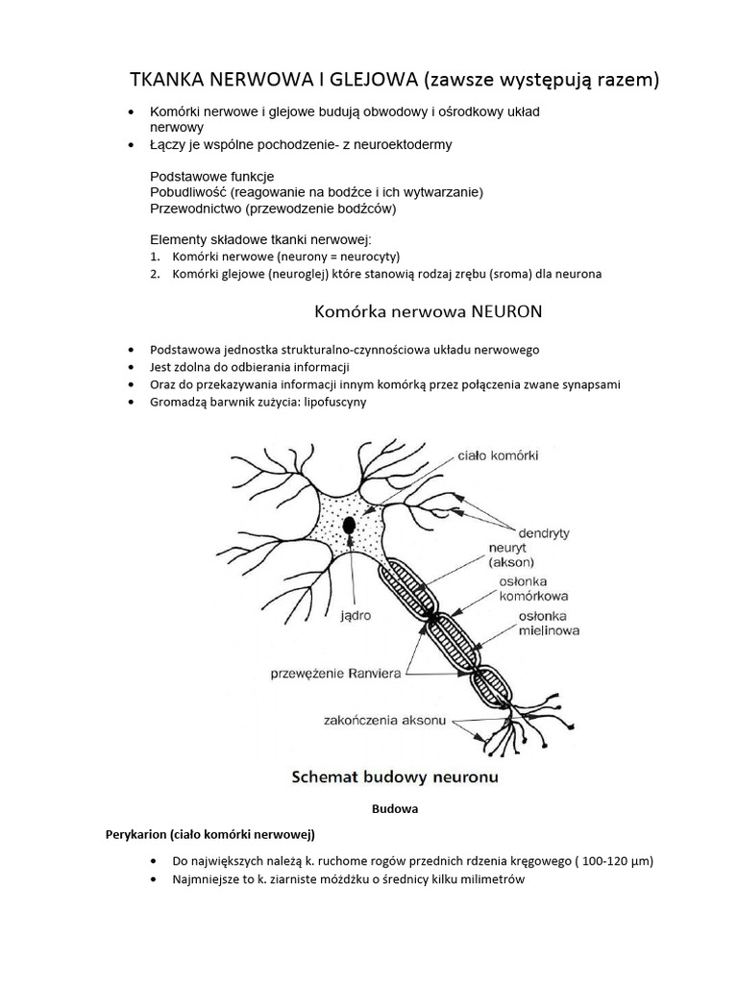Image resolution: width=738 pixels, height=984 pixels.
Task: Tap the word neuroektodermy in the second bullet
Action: [401, 144]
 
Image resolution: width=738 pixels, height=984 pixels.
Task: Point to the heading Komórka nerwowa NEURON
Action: [430, 312]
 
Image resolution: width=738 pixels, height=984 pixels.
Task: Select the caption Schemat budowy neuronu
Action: [394, 775]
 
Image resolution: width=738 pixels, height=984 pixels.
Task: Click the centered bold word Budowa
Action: [394, 809]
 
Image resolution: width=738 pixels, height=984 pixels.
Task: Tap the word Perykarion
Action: [139, 832]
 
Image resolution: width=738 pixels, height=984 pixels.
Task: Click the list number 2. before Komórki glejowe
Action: [155, 274]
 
